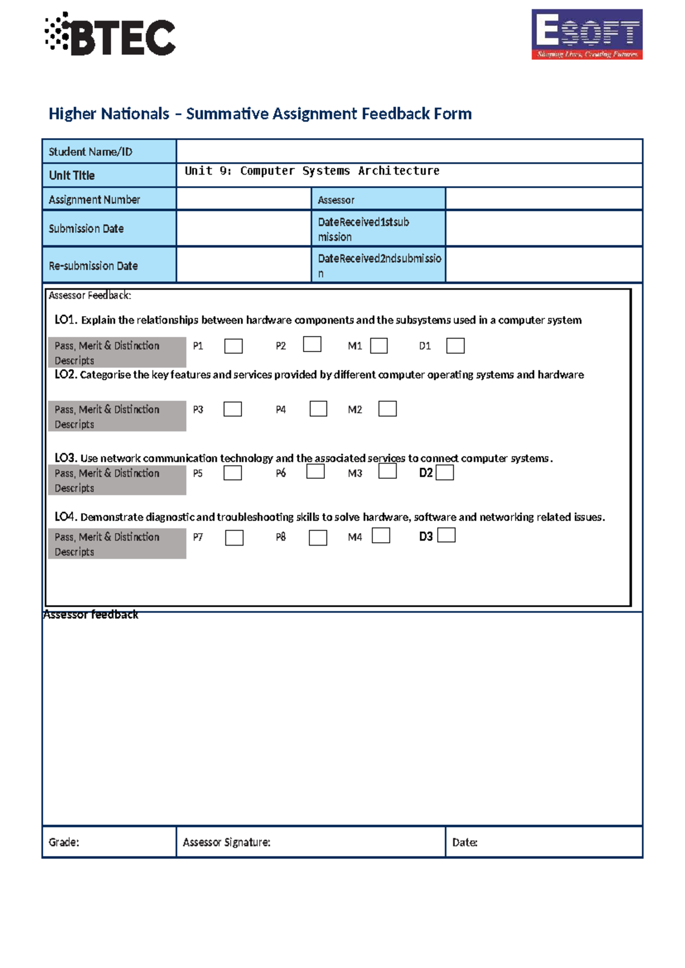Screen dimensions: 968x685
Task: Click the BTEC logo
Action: (x=111, y=35)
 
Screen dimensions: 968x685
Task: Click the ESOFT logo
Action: (x=587, y=34)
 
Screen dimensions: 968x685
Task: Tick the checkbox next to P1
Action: (x=233, y=346)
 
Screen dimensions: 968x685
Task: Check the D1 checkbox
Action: (x=455, y=346)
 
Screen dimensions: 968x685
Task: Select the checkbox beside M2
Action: (x=387, y=409)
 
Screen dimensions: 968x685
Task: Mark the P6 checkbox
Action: (x=315, y=471)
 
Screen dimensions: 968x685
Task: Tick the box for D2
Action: (x=445, y=473)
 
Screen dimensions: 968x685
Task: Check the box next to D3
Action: (x=446, y=535)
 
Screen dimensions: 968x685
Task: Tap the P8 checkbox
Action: (x=317, y=538)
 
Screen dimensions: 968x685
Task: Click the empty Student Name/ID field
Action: (x=409, y=151)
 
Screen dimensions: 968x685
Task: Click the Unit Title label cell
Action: (x=72, y=175)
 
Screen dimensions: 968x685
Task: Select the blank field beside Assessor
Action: (x=543, y=199)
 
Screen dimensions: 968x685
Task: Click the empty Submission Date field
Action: (x=243, y=228)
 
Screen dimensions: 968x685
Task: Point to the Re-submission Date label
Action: (x=93, y=266)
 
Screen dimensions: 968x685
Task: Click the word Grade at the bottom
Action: (x=63, y=842)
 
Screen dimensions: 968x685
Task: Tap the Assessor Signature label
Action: (x=227, y=842)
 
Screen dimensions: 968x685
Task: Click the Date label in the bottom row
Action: (x=464, y=842)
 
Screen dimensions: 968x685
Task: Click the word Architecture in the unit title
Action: (x=398, y=171)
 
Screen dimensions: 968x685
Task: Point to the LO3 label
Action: (x=65, y=458)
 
